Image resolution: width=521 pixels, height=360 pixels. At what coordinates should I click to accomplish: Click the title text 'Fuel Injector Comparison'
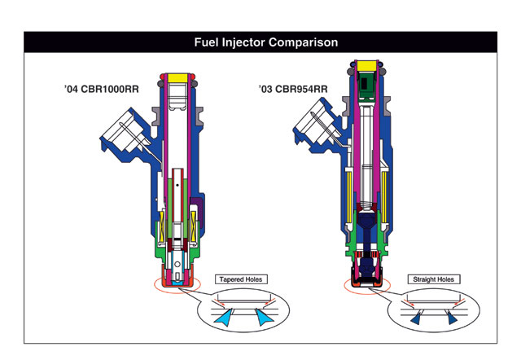coord(260,42)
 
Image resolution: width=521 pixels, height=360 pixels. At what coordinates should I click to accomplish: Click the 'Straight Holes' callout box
coord(435,279)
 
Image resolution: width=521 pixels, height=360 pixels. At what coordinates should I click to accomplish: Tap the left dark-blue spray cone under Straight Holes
coord(416,321)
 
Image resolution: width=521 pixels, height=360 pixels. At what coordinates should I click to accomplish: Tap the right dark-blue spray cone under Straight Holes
coord(453,321)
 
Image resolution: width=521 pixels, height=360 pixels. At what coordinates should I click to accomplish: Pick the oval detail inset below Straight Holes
coord(435,313)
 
